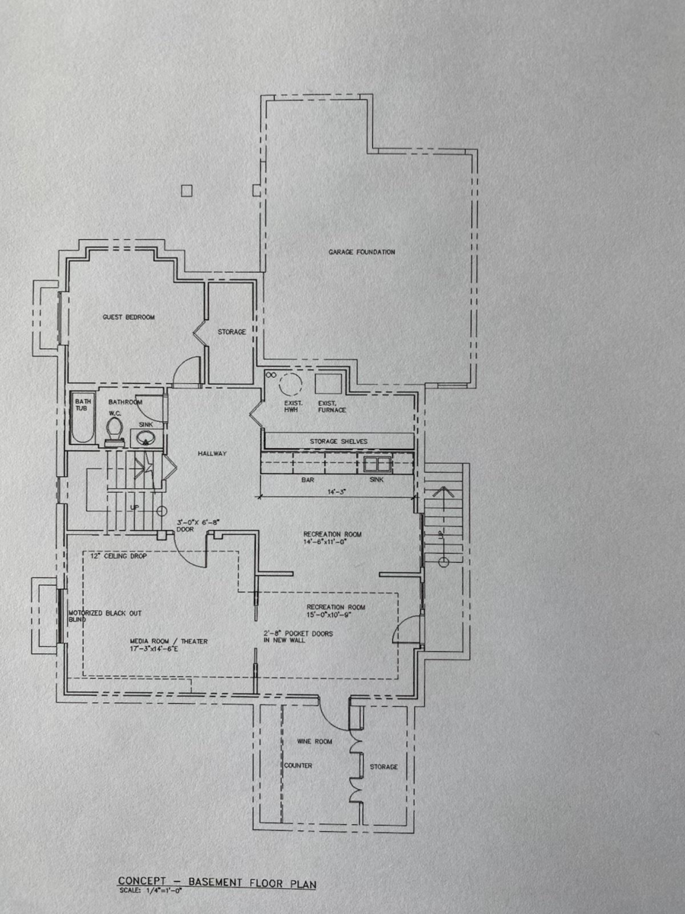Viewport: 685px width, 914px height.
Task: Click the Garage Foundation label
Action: pos(362,252)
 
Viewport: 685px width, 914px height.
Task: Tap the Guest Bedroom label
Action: pos(129,317)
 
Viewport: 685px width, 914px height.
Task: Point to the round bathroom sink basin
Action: pos(146,439)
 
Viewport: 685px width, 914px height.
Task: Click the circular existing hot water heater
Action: pos(290,384)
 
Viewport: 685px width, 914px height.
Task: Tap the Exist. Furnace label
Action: pos(331,406)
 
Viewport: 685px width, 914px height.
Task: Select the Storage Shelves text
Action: pos(339,441)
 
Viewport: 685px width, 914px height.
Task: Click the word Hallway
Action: pos(212,453)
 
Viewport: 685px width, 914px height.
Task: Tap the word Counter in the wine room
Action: pos(298,766)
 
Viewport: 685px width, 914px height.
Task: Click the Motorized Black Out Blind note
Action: pos(104,615)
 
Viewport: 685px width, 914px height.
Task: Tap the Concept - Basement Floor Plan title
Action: pos(216,881)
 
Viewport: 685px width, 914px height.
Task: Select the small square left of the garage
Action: pos(186,190)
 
